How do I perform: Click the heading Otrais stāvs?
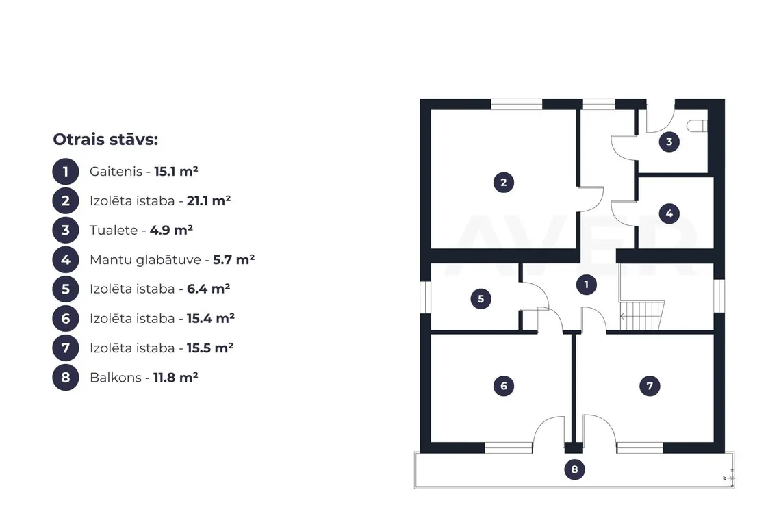[105, 140]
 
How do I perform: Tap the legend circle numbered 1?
[66, 172]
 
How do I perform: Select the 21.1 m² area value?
[209, 200]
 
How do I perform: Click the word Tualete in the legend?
[114, 230]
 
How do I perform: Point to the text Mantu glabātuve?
[145, 260]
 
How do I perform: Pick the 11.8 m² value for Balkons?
[175, 378]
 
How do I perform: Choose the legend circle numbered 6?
[66, 319]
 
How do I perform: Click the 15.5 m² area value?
[210, 348]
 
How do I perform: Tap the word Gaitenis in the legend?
[116, 172]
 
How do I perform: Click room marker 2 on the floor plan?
[504, 182]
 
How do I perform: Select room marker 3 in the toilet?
[669, 142]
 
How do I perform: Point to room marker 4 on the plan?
[669, 213]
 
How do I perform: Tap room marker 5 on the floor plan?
[481, 299]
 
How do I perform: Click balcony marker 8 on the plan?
[574, 469]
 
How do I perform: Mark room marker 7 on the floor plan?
[650, 386]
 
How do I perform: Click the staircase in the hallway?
[641, 315]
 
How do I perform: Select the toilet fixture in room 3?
[696, 126]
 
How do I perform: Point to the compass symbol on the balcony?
[729, 478]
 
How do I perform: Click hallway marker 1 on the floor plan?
[586, 285]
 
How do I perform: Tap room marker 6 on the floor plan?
[504, 386]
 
